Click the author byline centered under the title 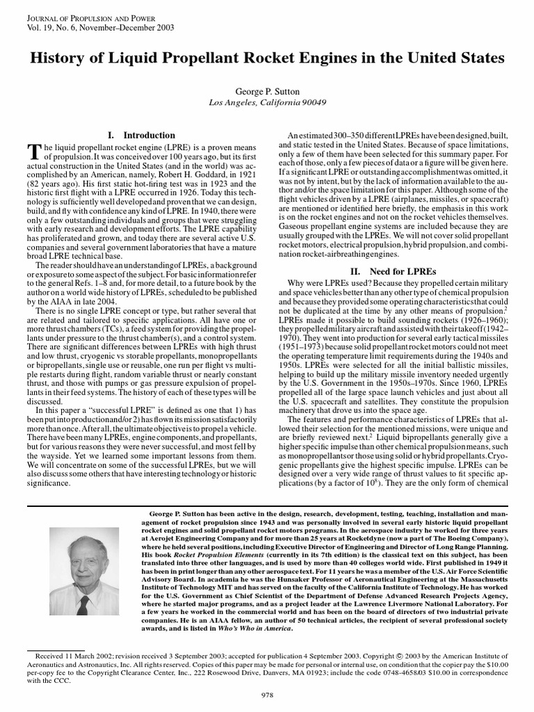click(x=267, y=90)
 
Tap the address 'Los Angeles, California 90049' click(x=267, y=102)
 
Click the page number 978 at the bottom click(x=267, y=695)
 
